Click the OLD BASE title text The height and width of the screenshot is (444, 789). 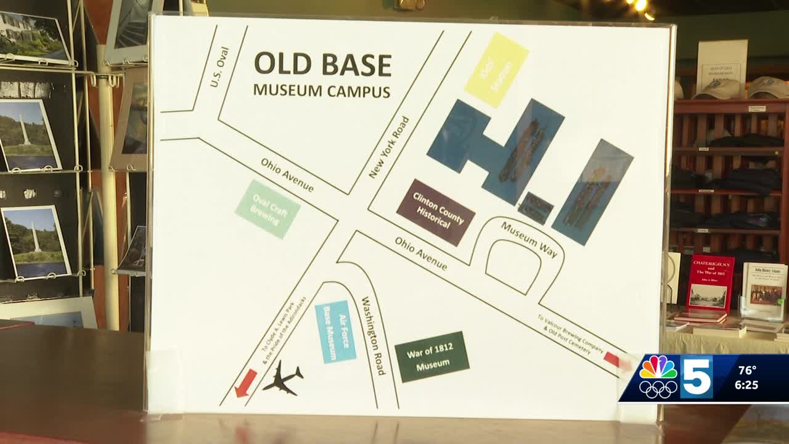(x=322, y=65)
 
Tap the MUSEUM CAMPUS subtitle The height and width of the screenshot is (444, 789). (x=321, y=91)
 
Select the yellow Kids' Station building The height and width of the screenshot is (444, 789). (x=496, y=70)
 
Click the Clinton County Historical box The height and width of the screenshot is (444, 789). (x=436, y=212)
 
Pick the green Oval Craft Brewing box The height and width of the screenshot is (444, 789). (x=268, y=209)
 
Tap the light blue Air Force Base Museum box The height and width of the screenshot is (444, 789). (x=335, y=331)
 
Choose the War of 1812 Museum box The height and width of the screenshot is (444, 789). (x=432, y=357)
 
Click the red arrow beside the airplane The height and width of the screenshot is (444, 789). (x=246, y=383)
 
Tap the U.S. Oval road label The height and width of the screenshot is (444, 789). (x=219, y=67)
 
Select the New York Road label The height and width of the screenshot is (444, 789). (x=389, y=147)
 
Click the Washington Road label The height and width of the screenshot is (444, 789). (x=374, y=335)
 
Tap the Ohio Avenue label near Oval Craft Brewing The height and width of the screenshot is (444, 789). (x=287, y=175)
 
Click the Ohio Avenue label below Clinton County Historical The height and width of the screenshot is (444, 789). (x=421, y=253)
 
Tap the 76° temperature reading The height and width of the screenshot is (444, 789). (x=747, y=371)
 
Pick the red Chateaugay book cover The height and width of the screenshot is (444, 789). (x=710, y=284)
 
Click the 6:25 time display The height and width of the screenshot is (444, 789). (x=746, y=385)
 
